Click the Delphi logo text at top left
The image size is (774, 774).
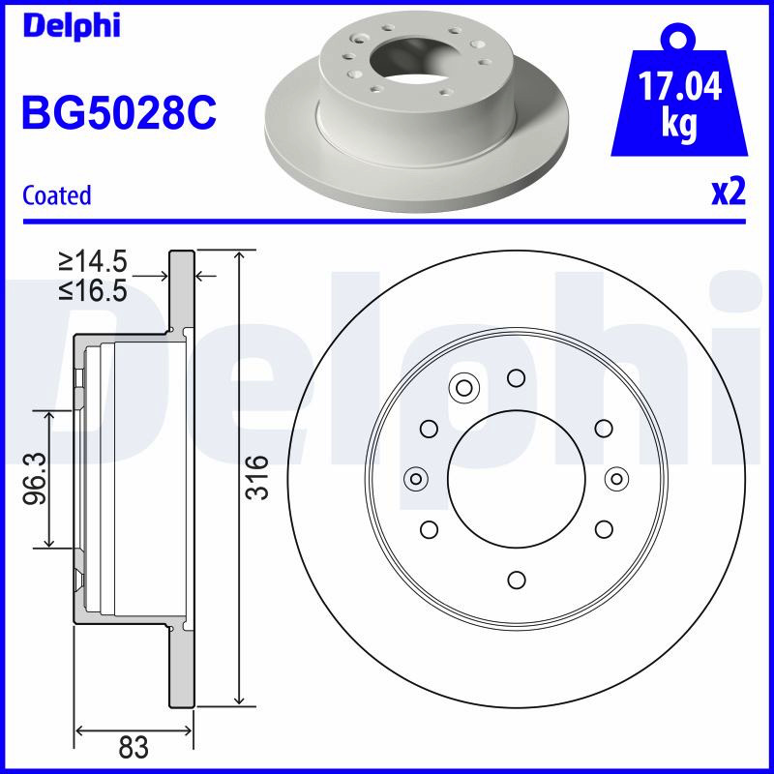click(x=72, y=26)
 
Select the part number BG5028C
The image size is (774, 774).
click(x=119, y=112)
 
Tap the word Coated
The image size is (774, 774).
click(x=57, y=195)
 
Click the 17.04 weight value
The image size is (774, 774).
click(x=680, y=86)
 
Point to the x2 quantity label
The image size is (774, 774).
click(x=729, y=192)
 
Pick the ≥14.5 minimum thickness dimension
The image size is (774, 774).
click(x=93, y=261)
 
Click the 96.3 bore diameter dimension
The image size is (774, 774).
click(x=35, y=478)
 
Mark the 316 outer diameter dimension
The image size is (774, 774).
click(x=257, y=477)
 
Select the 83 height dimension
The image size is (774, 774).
click(x=134, y=747)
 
